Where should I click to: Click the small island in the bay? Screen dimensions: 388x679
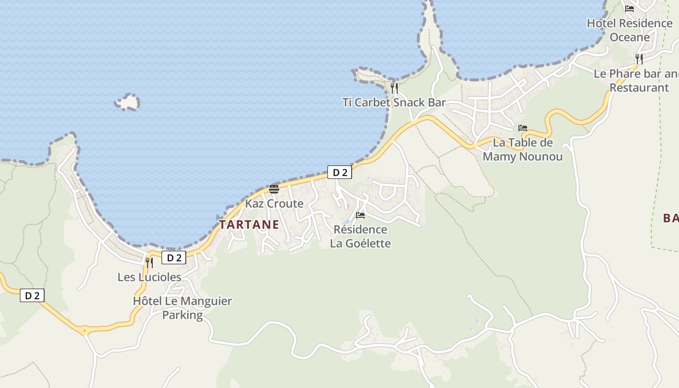128,102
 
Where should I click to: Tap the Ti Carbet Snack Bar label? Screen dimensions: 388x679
394,102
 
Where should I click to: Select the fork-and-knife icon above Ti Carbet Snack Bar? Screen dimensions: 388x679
394,88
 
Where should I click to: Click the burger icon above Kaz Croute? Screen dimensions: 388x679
274,189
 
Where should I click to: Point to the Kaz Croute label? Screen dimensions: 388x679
274,203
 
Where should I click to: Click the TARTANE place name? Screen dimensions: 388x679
249,225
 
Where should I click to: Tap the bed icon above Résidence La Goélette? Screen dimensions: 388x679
360,215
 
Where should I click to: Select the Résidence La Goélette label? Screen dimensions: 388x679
360,236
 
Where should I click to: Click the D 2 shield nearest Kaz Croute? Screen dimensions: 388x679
339,172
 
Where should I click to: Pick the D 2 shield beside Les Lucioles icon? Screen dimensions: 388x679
174,258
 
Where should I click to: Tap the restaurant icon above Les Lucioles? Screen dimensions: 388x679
149,262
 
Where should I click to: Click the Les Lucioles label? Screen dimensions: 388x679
149,277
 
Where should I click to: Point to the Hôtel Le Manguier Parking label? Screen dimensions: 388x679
182,307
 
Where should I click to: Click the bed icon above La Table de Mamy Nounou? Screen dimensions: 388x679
522,128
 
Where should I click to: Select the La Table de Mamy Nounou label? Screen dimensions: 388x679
522,149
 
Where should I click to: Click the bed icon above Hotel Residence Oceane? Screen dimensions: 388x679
630,8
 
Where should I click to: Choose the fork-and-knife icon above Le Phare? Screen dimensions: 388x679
639,59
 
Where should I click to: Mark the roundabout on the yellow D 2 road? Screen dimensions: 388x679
85,331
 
